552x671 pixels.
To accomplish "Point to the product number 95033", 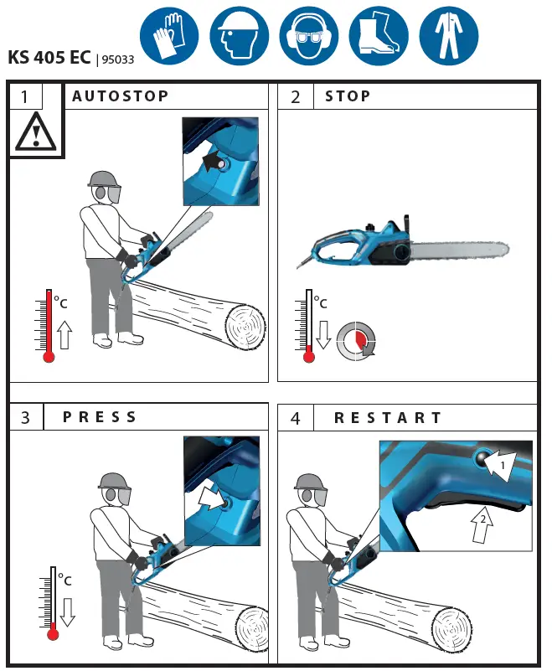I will point(118,59).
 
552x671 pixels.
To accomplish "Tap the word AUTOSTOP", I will point(121,96).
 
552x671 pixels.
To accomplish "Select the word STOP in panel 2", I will point(348,96).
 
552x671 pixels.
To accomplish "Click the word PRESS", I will point(100,417).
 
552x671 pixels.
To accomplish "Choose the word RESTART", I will point(388,417).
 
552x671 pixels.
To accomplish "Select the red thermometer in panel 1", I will point(49,326).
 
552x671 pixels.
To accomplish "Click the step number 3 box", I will point(25,418).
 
